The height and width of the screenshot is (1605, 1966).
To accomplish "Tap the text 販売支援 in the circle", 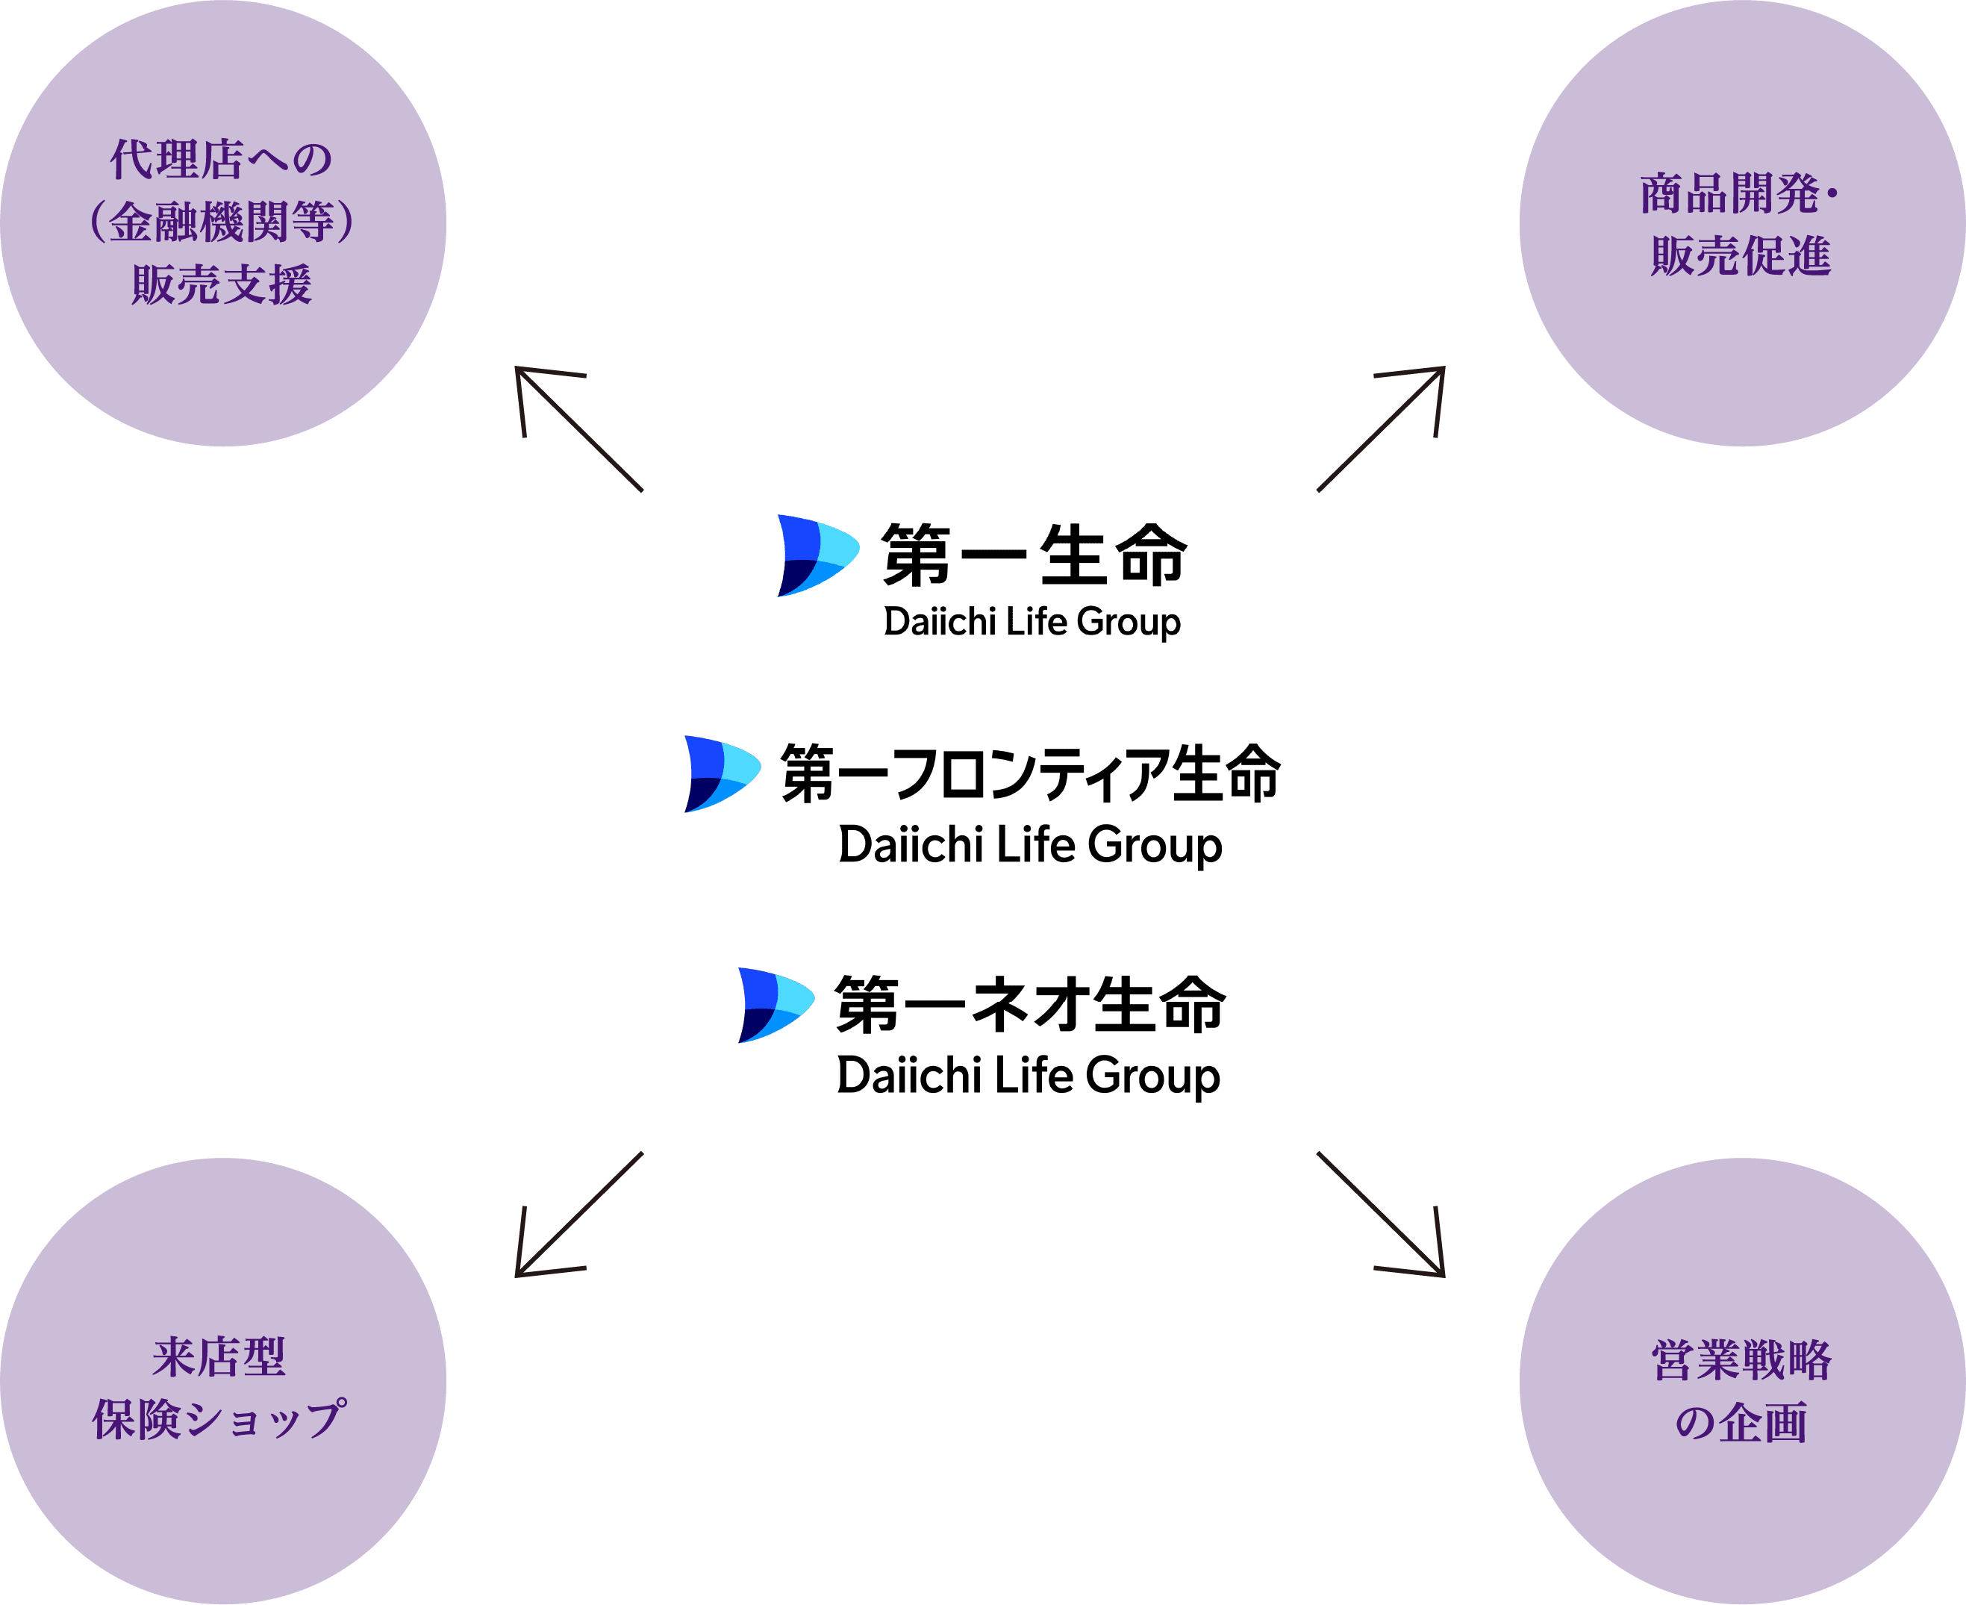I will click(222, 284).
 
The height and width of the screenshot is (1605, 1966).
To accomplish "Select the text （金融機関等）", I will click(222, 222).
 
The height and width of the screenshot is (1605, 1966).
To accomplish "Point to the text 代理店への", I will click(222, 160).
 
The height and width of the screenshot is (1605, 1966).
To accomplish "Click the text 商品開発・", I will click(1740, 194).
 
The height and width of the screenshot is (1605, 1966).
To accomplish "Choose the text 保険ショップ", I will click(220, 1420).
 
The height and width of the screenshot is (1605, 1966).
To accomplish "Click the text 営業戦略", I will click(1741, 1361).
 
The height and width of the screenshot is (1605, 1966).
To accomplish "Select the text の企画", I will click(1741, 1424).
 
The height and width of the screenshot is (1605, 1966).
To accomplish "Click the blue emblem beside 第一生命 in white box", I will click(816, 555).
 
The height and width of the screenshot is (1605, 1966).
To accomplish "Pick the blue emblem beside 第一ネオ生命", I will click(775, 1005).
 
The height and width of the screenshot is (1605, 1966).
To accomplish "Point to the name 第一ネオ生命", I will click(1030, 1005).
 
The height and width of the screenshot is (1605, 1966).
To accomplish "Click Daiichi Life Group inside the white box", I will click(1032, 622).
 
